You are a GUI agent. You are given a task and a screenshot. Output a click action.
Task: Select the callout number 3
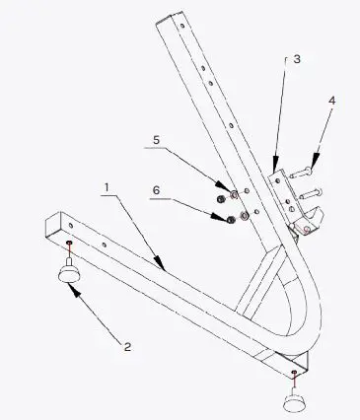tap(297, 60)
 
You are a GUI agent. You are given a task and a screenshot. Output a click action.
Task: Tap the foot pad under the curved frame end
tap(295, 400)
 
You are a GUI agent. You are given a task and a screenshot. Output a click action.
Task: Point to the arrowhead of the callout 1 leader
tap(164, 265)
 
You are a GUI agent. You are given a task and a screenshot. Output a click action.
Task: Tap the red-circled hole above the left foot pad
tap(70, 243)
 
